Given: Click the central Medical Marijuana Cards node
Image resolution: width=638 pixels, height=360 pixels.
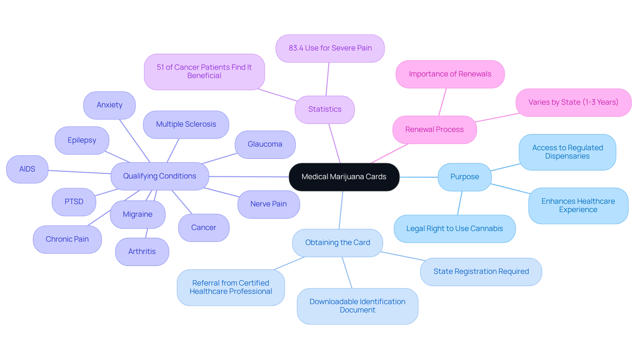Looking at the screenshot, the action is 344,177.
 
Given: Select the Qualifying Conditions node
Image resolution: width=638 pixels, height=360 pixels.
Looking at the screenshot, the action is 160,176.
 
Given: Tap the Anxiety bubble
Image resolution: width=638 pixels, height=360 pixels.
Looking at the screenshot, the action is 109,105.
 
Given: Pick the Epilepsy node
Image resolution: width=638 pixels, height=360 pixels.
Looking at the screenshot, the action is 82,140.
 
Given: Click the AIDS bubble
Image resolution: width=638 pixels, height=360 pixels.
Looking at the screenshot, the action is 27,169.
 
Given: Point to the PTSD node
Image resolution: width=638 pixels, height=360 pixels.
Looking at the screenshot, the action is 74,202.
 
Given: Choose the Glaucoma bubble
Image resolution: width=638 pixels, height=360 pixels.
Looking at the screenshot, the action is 265,144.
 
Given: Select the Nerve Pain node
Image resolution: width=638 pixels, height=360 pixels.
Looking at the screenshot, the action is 268,204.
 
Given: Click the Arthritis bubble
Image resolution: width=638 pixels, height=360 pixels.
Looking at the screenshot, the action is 142,252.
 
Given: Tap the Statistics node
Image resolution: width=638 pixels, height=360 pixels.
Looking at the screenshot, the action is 325,110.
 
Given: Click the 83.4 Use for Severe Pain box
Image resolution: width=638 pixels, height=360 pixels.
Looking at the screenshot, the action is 330,49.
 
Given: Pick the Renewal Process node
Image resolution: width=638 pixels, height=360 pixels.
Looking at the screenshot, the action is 434,130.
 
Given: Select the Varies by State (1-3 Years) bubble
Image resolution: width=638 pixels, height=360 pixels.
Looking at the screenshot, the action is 573,102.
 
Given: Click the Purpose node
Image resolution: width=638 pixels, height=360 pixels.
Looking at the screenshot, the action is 465,177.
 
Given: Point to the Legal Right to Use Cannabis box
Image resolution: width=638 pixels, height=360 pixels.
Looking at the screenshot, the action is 455,229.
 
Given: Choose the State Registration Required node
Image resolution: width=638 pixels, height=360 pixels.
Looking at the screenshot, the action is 481,272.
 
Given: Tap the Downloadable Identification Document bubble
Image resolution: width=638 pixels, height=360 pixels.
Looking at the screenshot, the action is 358,306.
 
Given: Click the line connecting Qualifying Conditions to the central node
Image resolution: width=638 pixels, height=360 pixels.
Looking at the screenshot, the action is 249,177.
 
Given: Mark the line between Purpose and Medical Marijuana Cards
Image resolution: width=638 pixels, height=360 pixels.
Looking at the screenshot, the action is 419,177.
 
